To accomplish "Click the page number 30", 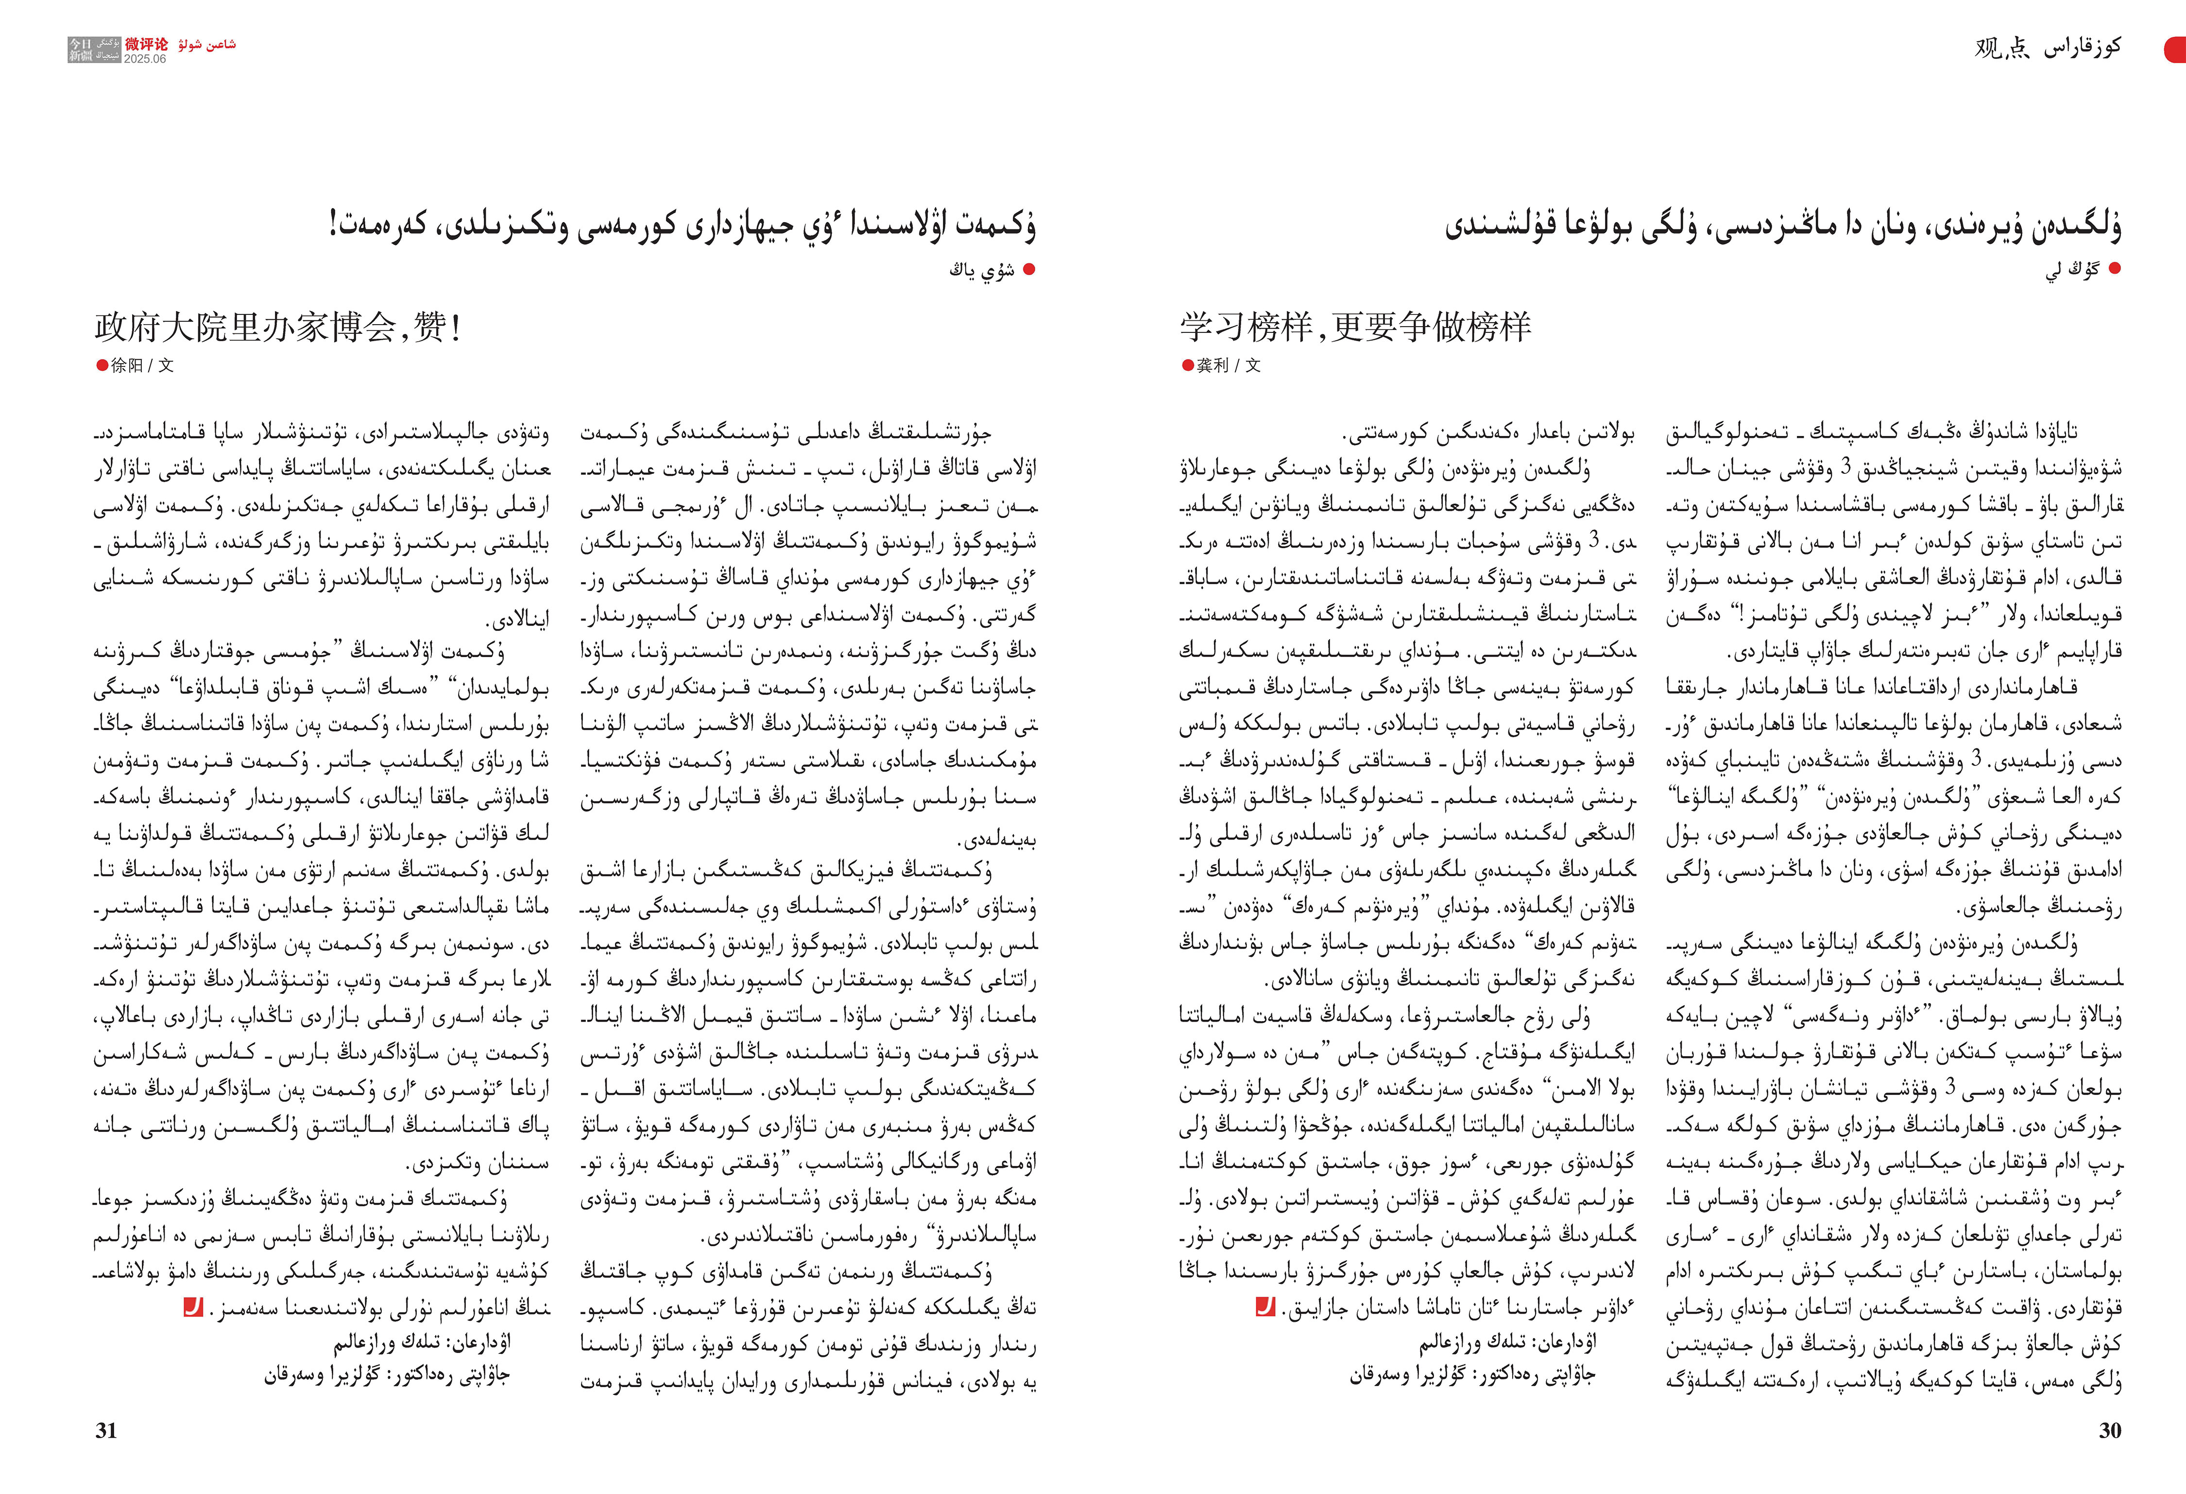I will (x=2110, y=1430).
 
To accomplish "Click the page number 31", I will (x=106, y=1430).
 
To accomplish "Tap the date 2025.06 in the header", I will (x=145, y=58).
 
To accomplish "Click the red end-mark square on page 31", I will (x=193, y=1307).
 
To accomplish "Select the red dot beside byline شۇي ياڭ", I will (x=1029, y=269).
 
